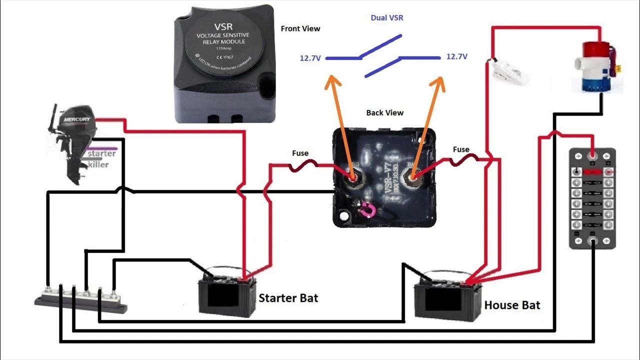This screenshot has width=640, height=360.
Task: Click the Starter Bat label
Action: (x=288, y=298)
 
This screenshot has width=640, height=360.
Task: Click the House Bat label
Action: (x=512, y=304)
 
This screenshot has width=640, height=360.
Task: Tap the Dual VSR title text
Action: (x=386, y=18)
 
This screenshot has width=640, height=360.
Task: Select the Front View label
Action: (x=300, y=28)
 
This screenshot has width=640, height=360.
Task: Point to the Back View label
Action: (x=384, y=112)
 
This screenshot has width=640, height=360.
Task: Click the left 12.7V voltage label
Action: (x=310, y=58)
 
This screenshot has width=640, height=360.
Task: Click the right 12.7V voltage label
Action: (x=456, y=57)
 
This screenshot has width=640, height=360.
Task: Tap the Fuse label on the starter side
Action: (x=300, y=153)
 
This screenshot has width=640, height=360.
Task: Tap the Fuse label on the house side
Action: (x=460, y=149)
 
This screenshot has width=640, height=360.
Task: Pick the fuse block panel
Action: (x=592, y=198)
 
